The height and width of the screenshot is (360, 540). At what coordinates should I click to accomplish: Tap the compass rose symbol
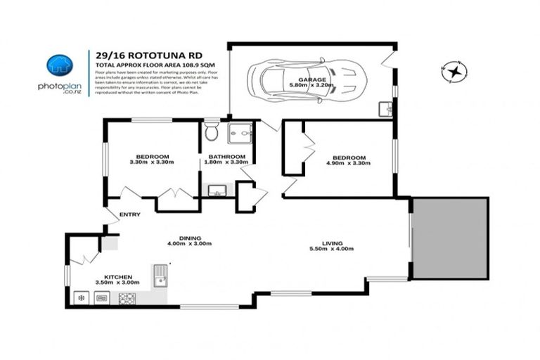coord(454,70)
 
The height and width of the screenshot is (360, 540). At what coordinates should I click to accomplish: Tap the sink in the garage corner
coord(384,109)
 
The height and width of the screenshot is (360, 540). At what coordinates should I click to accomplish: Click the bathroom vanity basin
coord(217,189)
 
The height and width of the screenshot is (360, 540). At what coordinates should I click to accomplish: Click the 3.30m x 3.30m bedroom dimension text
coord(151,162)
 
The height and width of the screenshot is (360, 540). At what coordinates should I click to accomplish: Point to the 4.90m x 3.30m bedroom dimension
coord(349,163)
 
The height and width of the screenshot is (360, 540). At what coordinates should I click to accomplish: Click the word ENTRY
coord(130,215)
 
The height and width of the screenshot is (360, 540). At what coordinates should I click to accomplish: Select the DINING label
coord(191,238)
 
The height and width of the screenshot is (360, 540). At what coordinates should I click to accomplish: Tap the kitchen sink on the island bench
coord(160,275)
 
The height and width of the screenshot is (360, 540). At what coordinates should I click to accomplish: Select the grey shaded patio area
coord(449,238)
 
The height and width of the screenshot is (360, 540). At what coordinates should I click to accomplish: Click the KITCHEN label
coord(118,277)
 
